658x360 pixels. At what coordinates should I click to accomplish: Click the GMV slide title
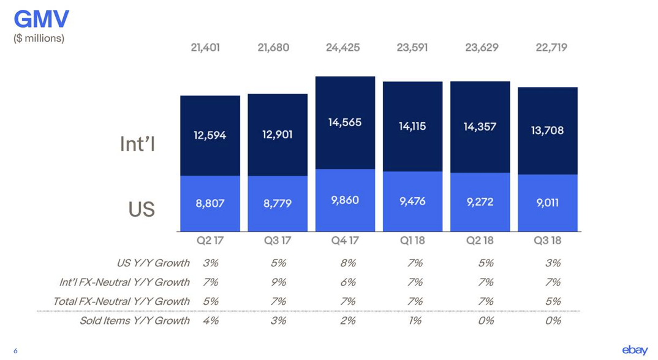click(x=41, y=18)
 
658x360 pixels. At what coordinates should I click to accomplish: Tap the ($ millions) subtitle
click(x=39, y=38)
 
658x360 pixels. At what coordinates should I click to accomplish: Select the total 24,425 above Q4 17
click(x=343, y=47)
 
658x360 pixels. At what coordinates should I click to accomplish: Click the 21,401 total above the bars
click(x=205, y=47)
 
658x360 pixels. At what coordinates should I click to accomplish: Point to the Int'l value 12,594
click(x=210, y=135)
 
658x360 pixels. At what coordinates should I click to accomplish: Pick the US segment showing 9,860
click(x=345, y=200)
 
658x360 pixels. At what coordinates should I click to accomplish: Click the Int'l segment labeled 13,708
click(x=548, y=130)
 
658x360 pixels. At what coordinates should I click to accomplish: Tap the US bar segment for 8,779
click(x=278, y=203)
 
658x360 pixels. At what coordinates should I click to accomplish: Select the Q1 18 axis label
click(x=412, y=241)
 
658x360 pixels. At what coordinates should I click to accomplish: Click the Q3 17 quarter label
click(x=278, y=241)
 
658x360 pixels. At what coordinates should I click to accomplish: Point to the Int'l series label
click(x=138, y=144)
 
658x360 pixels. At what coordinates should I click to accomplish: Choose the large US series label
click(x=142, y=209)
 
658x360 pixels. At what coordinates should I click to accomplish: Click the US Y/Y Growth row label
click(x=153, y=263)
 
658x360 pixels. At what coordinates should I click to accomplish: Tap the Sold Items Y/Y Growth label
click(x=135, y=321)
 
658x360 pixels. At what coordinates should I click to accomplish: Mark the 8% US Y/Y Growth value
click(x=348, y=263)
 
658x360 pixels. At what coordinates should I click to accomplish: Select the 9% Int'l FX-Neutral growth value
click(x=279, y=282)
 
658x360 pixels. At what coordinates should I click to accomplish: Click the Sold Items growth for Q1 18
click(x=415, y=321)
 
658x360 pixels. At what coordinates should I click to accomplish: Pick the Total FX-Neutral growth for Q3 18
click(x=553, y=302)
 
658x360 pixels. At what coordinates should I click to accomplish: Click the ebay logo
click(x=635, y=350)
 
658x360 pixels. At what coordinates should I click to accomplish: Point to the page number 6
click(x=15, y=351)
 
